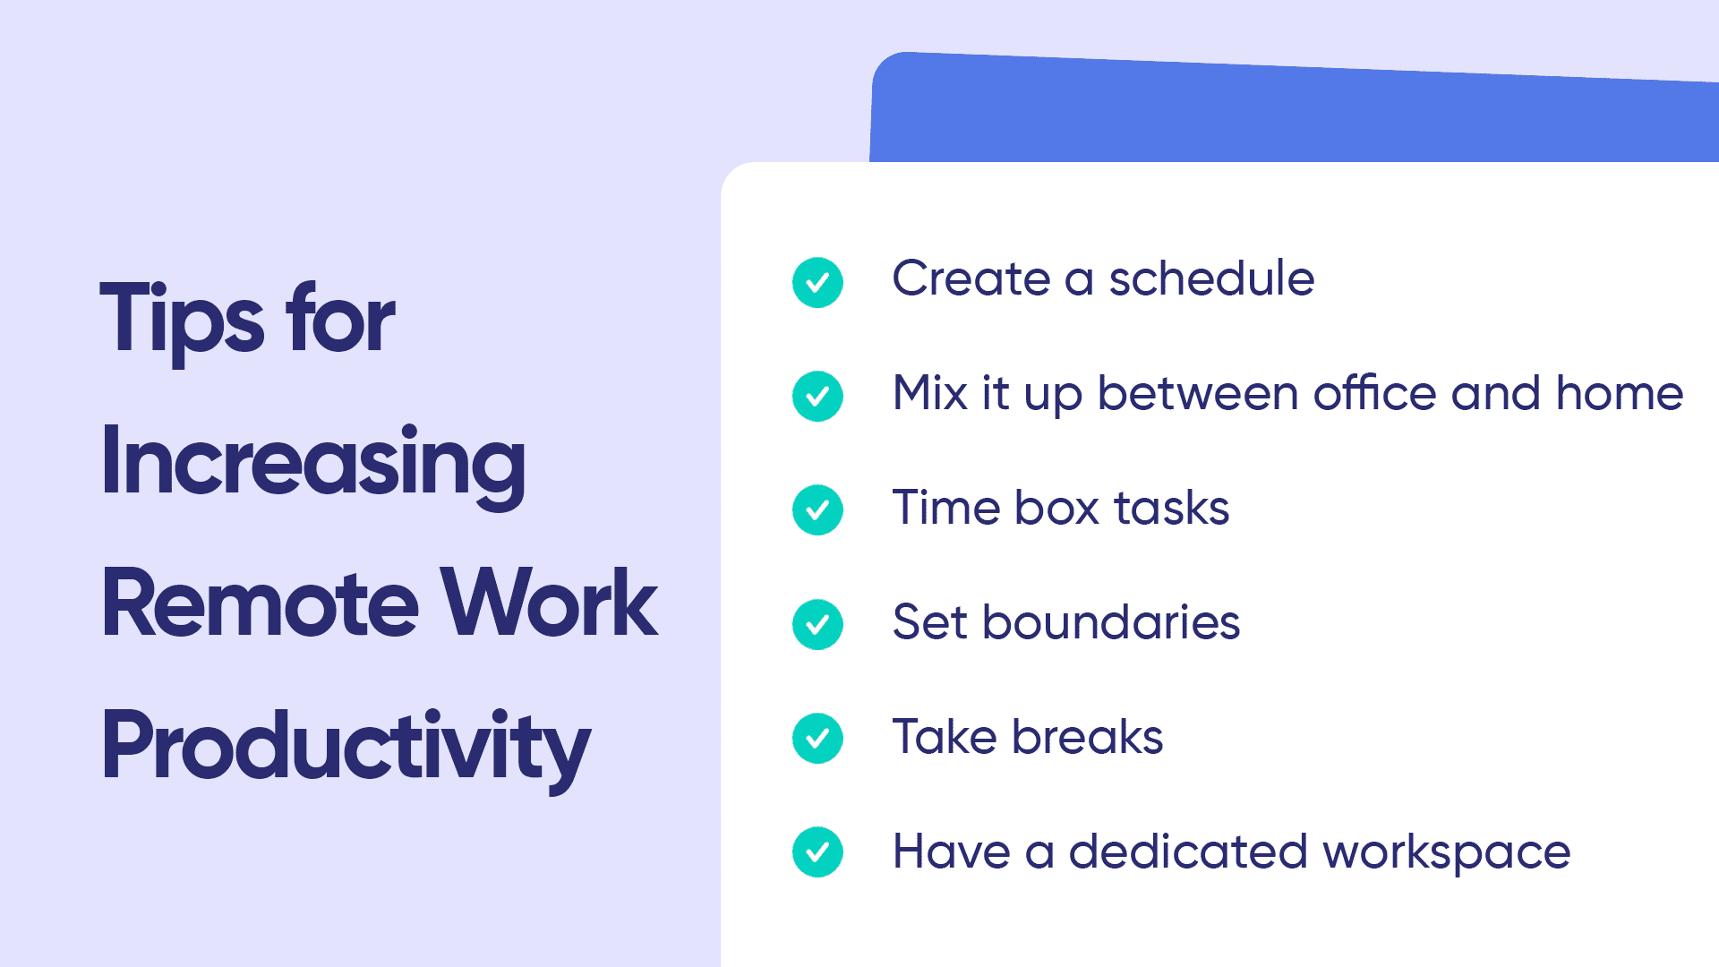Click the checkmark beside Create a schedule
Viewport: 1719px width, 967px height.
[x=817, y=282]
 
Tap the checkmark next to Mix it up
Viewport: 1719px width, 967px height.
[x=817, y=396]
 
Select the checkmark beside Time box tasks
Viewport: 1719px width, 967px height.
[x=817, y=509]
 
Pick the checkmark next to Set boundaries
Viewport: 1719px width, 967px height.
[x=817, y=624]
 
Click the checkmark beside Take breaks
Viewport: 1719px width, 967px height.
[x=817, y=738]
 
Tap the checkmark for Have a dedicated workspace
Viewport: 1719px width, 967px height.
[x=817, y=851]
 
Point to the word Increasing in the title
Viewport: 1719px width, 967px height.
[x=313, y=464]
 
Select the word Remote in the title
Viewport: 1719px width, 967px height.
[x=261, y=603]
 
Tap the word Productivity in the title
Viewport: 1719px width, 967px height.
[x=346, y=747]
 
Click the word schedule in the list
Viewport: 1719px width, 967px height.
[x=1211, y=278]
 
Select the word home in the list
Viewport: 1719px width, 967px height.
[x=1620, y=392]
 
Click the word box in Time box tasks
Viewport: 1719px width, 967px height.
[x=1057, y=508]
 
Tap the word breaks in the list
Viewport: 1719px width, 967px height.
[x=1088, y=736]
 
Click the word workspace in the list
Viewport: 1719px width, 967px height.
[x=1447, y=852]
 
